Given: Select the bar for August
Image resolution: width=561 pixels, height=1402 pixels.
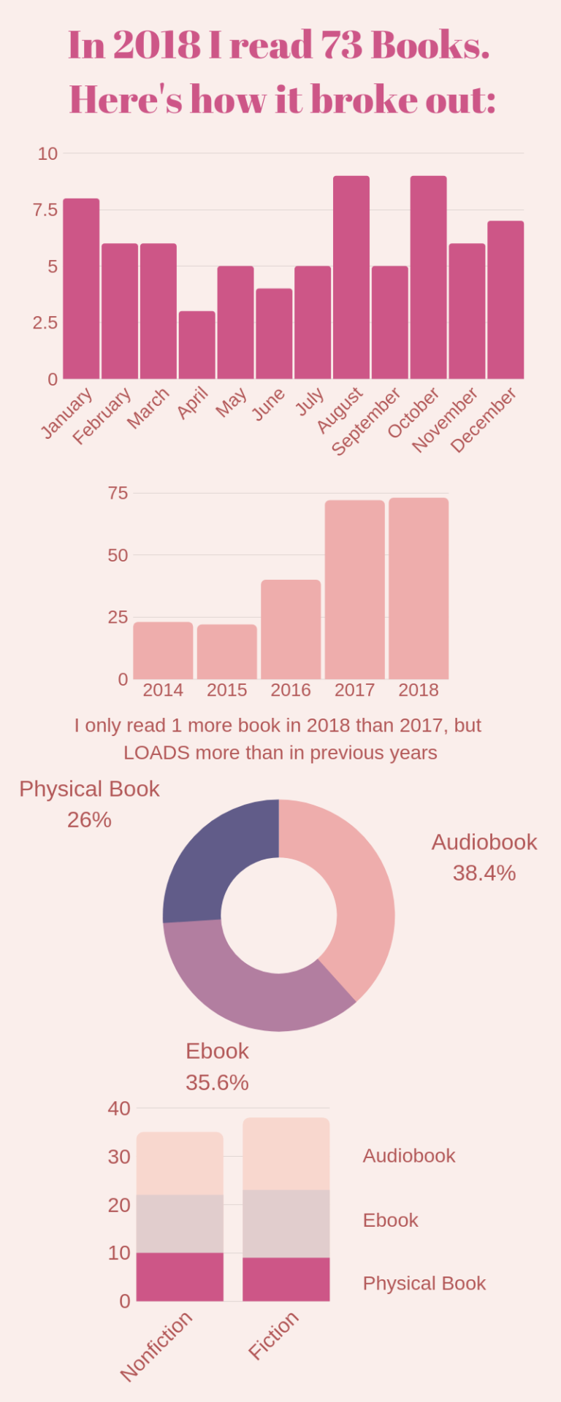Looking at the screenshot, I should [351, 277].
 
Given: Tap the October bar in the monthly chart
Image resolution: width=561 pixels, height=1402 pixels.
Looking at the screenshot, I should [428, 277].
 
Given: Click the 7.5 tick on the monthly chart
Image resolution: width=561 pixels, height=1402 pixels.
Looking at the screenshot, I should [45, 210].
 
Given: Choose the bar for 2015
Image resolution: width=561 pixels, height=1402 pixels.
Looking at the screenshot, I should [226, 651].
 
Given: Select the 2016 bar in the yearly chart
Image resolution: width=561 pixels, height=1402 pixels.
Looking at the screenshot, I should [291, 629].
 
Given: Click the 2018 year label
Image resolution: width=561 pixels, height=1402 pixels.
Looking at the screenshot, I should [419, 690].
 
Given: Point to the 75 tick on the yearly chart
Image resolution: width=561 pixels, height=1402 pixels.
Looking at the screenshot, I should [118, 494].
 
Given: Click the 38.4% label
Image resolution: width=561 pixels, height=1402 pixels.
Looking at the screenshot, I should [484, 873].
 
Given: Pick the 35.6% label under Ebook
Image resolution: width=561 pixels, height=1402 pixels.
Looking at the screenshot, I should [217, 1082].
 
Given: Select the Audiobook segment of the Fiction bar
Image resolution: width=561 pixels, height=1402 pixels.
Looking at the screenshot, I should [286, 1154].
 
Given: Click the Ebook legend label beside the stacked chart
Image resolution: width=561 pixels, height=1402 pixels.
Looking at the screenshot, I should [390, 1220].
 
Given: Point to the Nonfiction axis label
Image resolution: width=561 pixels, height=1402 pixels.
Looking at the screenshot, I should [156, 1345].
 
